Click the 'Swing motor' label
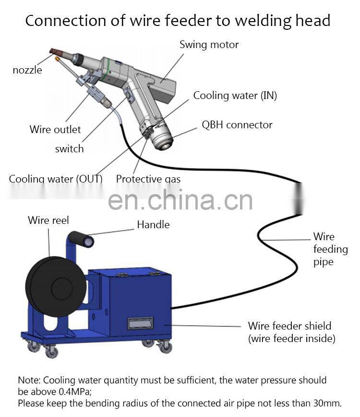coord(209,45)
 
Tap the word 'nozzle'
coord(27,70)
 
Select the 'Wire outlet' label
coord(55,129)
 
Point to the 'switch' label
coord(69,149)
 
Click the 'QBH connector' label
coord(237,125)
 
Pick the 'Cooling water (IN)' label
coord(235,96)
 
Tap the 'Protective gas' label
coord(148,179)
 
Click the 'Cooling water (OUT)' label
coord(56,179)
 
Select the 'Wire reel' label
coord(48,220)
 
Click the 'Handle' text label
coord(153,224)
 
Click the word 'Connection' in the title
coord(59,21)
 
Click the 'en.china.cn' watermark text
coord(180,199)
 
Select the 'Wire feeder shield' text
coord(289,326)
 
